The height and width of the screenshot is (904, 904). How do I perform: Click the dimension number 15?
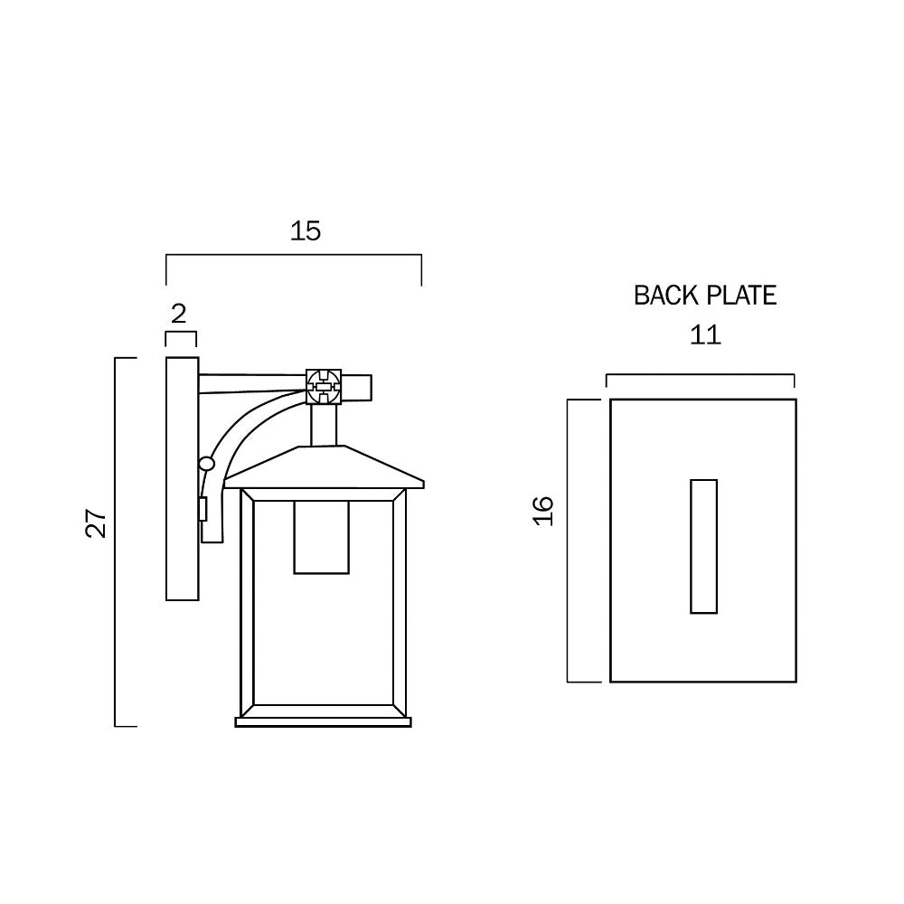pyautogui.click(x=306, y=231)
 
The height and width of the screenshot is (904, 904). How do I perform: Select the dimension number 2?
pyautogui.click(x=178, y=314)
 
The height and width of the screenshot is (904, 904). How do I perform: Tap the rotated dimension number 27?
pyautogui.click(x=97, y=523)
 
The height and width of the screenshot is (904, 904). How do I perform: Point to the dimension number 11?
pyautogui.click(x=704, y=335)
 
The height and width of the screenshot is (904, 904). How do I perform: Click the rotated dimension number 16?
pyautogui.click(x=542, y=511)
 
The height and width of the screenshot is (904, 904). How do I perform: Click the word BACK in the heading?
pyautogui.click(x=665, y=296)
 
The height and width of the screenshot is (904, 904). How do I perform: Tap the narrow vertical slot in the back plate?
pyautogui.click(x=703, y=546)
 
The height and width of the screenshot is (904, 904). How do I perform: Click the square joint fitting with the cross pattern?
pyautogui.click(x=324, y=386)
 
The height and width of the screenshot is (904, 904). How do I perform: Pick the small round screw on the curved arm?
pyautogui.click(x=207, y=464)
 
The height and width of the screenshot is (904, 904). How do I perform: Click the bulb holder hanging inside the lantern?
pyautogui.click(x=321, y=537)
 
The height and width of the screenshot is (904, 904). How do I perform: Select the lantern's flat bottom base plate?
pyautogui.click(x=323, y=722)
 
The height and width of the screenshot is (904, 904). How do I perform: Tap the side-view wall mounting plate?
pyautogui.click(x=182, y=479)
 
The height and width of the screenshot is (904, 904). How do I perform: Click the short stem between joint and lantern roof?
pyautogui.click(x=324, y=425)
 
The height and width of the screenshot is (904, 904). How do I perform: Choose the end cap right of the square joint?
pyautogui.click(x=359, y=388)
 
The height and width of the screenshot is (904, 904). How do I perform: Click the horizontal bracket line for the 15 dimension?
pyautogui.click(x=294, y=257)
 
